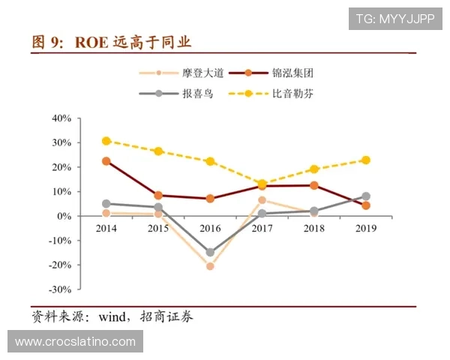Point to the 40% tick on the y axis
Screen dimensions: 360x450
[61, 118]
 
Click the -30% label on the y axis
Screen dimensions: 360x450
[60, 289]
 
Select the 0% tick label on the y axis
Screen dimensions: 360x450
[64, 216]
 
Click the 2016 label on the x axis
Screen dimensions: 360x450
[210, 227]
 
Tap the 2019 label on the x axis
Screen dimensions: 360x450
[365, 227]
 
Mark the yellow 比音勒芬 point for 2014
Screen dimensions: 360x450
[106, 141]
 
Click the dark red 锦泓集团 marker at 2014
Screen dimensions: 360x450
[106, 161]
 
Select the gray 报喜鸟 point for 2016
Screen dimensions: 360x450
[210, 253]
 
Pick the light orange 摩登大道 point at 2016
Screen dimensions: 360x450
[210, 266]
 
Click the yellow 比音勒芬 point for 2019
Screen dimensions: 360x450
[366, 160]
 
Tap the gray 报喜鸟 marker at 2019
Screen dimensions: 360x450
[366, 196]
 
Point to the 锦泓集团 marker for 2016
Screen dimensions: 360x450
[210, 199]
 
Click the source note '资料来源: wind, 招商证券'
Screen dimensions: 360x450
[112, 316]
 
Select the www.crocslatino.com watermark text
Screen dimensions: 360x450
[75, 342]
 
